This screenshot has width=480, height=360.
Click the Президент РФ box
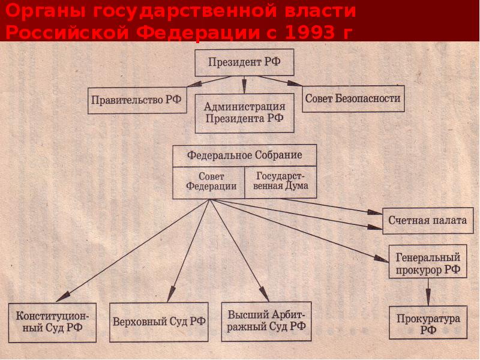pos(244,62)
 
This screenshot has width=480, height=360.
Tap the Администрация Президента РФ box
pos(244,112)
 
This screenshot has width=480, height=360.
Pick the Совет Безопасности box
pos(353,98)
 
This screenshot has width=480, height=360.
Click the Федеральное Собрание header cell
pos(244,155)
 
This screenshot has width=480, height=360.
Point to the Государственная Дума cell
pos(281,181)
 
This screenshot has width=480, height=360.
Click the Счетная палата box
pos(428,220)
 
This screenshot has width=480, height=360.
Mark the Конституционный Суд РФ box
pos(53,322)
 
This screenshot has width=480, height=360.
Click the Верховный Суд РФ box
pos(159,321)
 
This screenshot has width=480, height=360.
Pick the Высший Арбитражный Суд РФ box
pos(266,321)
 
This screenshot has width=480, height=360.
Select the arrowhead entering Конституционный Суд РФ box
pos(62,296)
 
